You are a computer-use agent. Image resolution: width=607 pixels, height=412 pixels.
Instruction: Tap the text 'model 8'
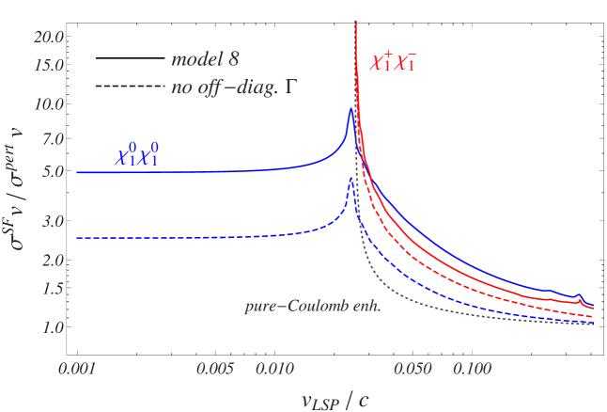(205, 59)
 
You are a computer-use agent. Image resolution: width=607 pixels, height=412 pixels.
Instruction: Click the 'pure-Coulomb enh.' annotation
(298, 306)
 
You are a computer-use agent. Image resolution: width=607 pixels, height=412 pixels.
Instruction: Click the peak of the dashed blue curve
(350, 179)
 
